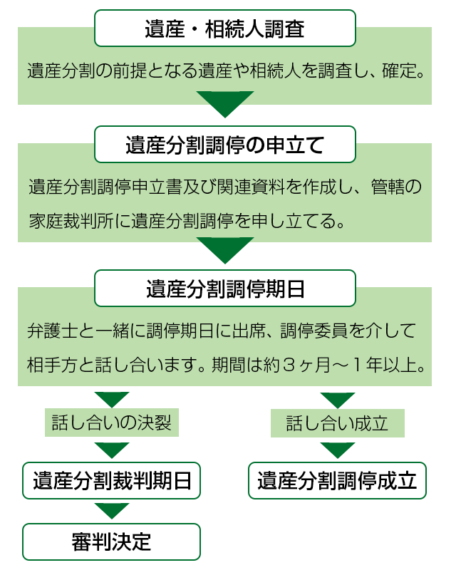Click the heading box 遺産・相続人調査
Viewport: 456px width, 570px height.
pyautogui.click(x=225, y=29)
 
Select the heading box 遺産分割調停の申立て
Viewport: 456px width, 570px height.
pyautogui.click(x=225, y=145)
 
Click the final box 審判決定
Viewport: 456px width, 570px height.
pyautogui.click(x=112, y=541)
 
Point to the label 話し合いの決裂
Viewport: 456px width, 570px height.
pyautogui.click(x=111, y=423)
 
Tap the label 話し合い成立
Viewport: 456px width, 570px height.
pyautogui.click(x=337, y=423)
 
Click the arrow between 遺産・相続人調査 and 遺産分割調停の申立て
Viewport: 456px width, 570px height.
pyautogui.click(x=225, y=104)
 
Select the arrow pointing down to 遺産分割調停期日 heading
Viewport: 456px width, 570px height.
pyautogui.click(x=225, y=249)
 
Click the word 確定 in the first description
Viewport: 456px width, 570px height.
pyautogui.click(x=403, y=71)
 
